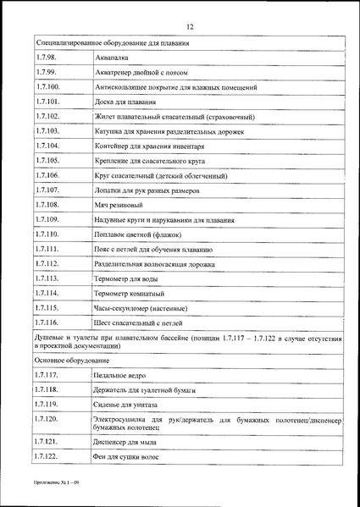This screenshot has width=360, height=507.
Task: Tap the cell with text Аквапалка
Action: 116,57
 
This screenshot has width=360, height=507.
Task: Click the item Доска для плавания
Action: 126,102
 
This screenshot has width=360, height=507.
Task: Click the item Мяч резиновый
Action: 119,206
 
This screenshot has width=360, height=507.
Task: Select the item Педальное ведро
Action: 124,375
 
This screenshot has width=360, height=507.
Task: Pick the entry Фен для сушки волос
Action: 129,458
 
